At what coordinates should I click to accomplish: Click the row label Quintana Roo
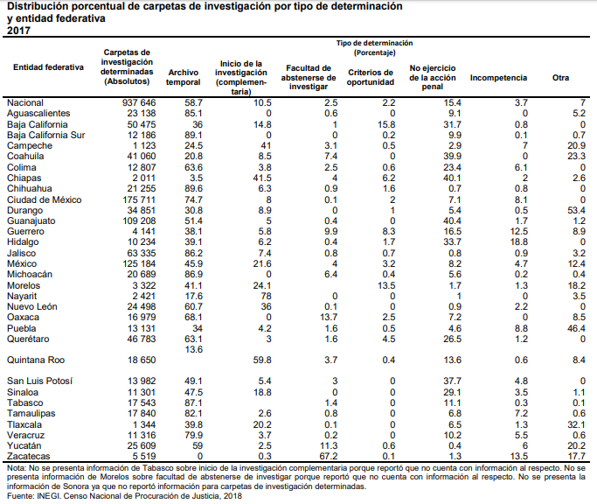pos(33,360)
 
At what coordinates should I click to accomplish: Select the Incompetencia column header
pos(498,79)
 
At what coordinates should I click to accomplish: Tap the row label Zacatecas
pos(30,457)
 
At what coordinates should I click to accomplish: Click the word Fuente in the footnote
pos(20,496)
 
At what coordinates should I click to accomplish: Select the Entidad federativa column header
pos(48,66)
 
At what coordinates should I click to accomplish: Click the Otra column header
pos(561,79)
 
